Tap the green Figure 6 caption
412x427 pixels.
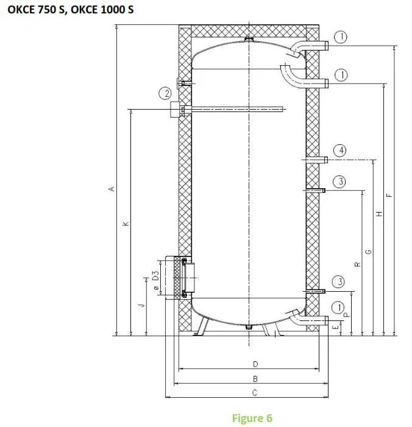point(252,418)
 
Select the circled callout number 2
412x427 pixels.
point(164,93)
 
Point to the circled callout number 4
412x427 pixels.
point(341,150)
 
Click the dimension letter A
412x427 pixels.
point(111,189)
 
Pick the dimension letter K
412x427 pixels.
point(126,224)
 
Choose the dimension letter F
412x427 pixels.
point(390,195)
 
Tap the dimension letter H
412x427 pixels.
point(378,214)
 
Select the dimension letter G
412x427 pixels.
point(368,251)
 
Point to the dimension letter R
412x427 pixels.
point(358,263)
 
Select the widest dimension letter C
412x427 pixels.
point(255,393)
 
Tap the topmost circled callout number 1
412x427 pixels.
point(341,38)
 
